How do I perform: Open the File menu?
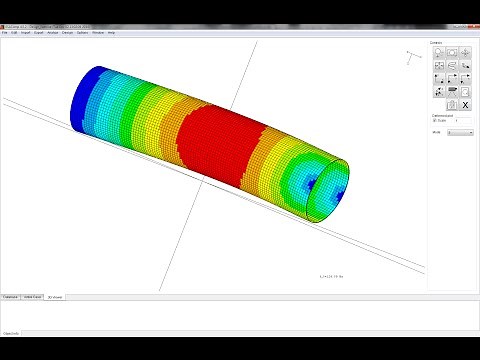pyautogui.click(x=5, y=33)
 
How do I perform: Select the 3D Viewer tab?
pyautogui.click(x=56, y=297)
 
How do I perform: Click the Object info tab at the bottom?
pyautogui.click(x=12, y=331)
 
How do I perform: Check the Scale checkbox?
pyautogui.click(x=434, y=120)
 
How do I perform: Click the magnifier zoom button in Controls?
pyautogui.click(x=438, y=51)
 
